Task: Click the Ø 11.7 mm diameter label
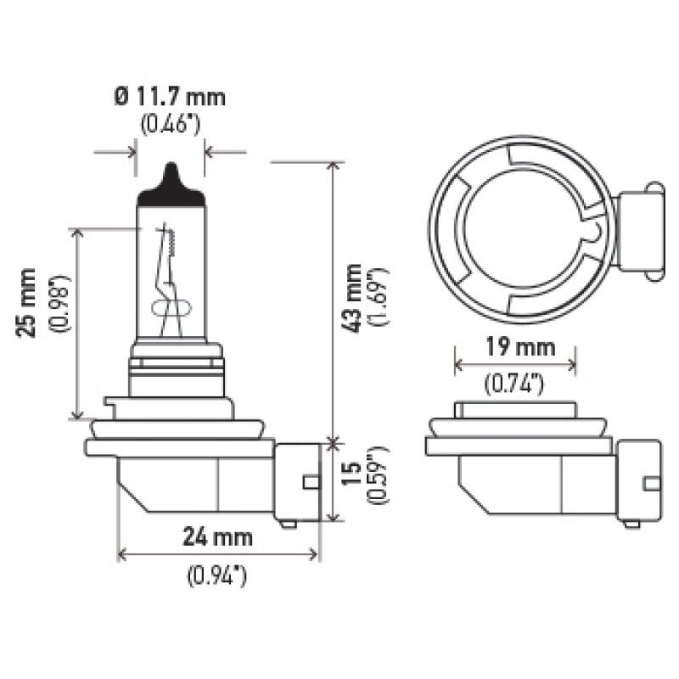point(170,97)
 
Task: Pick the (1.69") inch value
point(379,297)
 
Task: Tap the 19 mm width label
point(515,346)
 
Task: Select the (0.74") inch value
point(514,384)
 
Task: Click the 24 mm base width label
point(218,536)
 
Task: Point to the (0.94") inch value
point(216,576)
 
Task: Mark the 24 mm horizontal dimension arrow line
point(218,555)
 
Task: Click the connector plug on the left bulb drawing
point(298,482)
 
